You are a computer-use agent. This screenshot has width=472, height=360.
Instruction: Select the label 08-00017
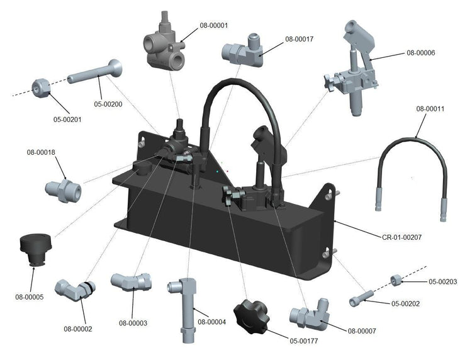(x=299, y=39)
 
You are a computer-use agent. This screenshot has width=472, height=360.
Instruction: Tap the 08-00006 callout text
(x=421, y=53)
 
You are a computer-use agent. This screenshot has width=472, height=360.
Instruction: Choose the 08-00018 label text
(x=41, y=152)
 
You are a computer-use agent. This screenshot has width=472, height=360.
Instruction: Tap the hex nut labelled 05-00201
(x=42, y=90)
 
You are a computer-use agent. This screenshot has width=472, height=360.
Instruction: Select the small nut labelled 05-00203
(x=398, y=281)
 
